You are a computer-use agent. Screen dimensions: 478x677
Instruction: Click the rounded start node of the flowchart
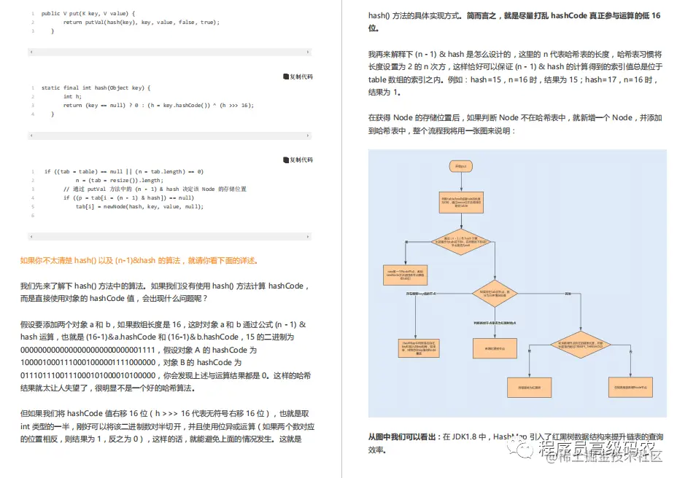pyautogui.click(x=461, y=167)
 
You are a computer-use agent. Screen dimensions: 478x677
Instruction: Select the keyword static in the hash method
pyautogui.click(x=50, y=87)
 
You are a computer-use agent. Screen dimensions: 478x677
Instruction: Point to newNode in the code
pyautogui.click(x=115, y=206)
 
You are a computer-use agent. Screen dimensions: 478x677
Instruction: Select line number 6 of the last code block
pyautogui.click(x=33, y=215)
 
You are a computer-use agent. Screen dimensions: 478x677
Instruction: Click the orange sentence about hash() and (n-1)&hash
pyautogui.click(x=139, y=260)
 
